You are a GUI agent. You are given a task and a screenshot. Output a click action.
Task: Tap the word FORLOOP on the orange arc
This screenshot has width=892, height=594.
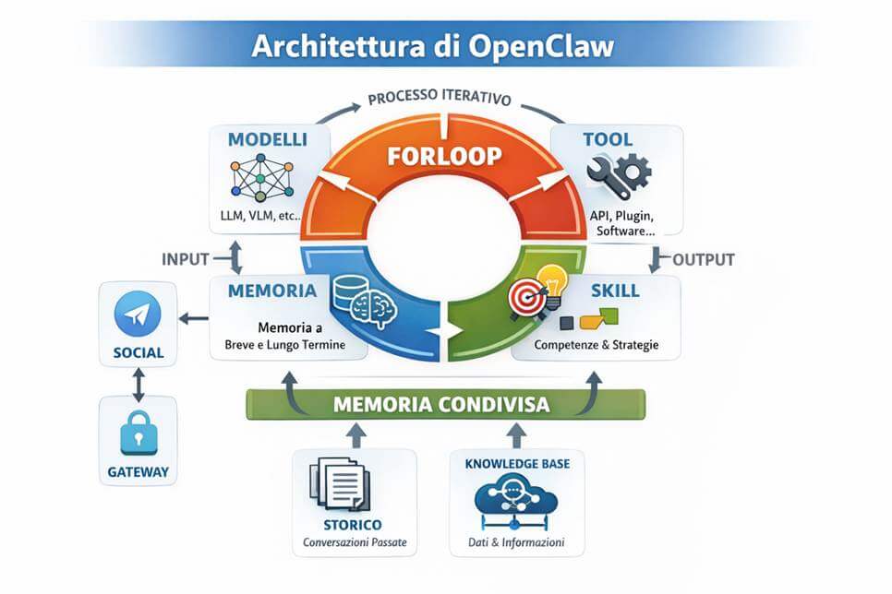click(x=445, y=155)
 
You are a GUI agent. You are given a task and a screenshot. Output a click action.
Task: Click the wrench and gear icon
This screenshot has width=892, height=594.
click(x=618, y=173)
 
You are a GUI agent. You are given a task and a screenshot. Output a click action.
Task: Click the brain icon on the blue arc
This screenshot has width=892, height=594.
click(x=376, y=309)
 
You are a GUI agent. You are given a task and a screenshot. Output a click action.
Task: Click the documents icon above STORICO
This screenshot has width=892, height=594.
click(x=341, y=482)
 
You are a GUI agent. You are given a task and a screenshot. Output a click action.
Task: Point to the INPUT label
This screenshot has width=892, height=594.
click(x=186, y=258)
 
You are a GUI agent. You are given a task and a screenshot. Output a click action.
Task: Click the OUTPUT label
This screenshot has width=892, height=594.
click(x=703, y=259)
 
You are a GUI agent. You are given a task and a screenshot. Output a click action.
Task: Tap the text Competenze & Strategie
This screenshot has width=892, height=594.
click(x=597, y=346)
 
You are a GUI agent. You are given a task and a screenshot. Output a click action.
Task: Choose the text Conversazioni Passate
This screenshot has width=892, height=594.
click(x=354, y=541)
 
